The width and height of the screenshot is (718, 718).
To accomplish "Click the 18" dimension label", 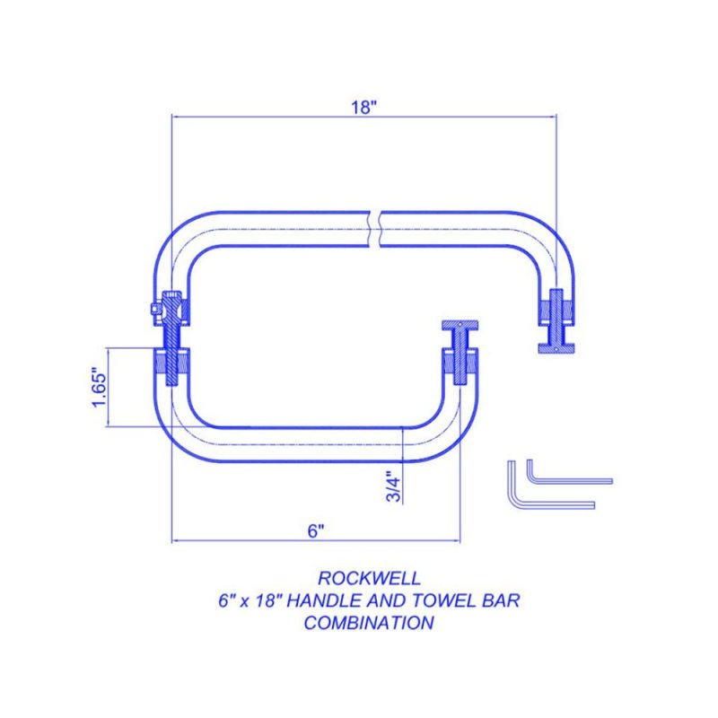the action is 363,108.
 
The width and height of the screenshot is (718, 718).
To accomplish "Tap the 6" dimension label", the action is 316,531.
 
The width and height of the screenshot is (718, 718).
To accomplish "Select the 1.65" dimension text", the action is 100,387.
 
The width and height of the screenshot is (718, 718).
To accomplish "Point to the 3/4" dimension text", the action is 393,486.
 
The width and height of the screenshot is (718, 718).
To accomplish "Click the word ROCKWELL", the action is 369,578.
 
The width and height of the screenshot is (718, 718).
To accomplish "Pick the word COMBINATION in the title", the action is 369,623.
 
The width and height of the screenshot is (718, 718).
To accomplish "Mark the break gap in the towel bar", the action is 375,229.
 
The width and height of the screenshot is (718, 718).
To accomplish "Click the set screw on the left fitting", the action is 156,310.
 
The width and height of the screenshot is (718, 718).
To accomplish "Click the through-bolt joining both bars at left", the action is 171,338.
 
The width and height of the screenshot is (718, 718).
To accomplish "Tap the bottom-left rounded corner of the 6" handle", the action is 175,441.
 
